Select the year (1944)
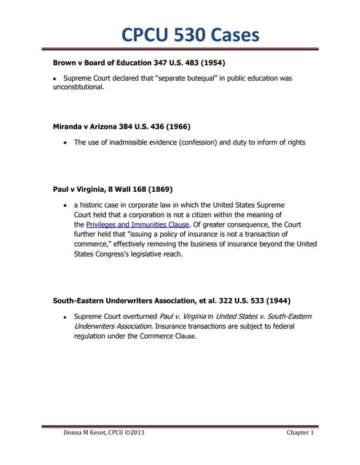(x=272, y=299)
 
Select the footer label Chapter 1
(x=300, y=433)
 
